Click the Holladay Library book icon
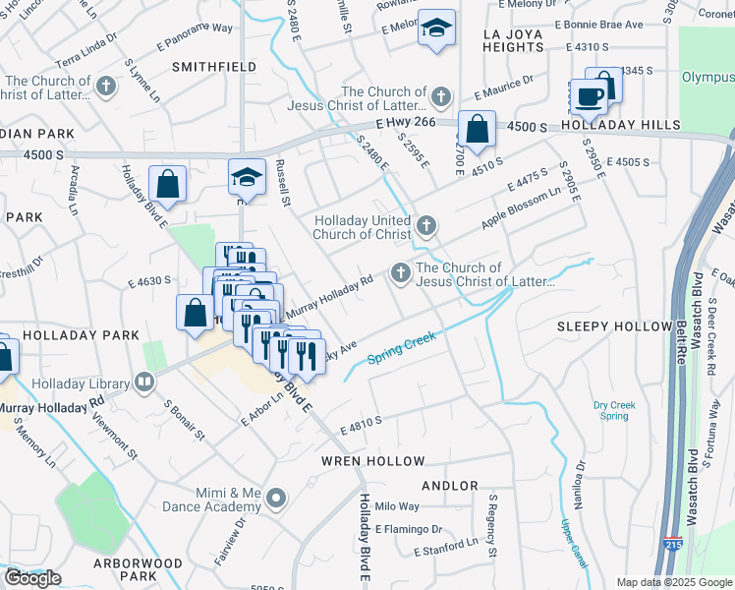[x=145, y=381]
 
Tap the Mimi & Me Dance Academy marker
[x=276, y=499]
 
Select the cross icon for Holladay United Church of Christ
[x=425, y=227]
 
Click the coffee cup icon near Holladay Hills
[x=591, y=96]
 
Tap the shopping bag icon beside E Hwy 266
[x=477, y=129]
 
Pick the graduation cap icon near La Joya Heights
[x=435, y=29]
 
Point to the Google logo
[x=32, y=578]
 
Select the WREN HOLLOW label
[x=373, y=461]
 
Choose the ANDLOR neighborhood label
[x=449, y=486]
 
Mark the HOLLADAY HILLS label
[x=620, y=126]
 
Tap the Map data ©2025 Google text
[x=674, y=582]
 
